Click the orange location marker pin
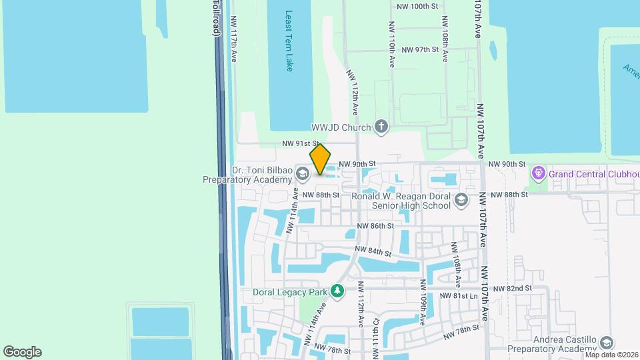click(x=320, y=160)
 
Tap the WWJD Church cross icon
click(x=381, y=127)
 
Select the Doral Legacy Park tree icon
click(x=338, y=291)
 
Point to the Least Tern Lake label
click(x=289, y=41)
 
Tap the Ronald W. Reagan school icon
click(x=461, y=200)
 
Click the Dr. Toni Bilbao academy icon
click(x=303, y=175)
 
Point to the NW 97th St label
click(x=417, y=50)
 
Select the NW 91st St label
click(x=301, y=143)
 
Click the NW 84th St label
click(x=372, y=251)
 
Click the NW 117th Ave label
click(x=234, y=40)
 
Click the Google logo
click(x=22, y=352)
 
